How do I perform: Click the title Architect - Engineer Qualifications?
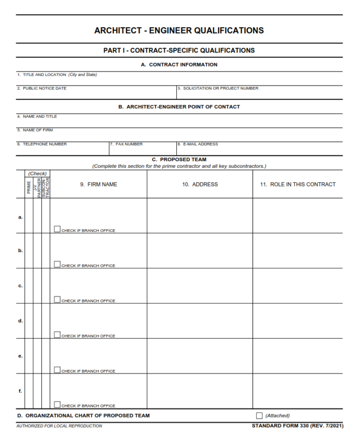pos(179,30)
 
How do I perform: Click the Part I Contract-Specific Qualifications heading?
pos(179,50)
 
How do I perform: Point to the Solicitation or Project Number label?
pos(218,88)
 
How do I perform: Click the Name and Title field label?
pos(37,116)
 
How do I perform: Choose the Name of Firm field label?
pos(36,130)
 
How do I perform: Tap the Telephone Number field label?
pos(42,144)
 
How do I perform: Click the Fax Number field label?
pos(127,144)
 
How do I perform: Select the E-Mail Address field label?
pos(198,144)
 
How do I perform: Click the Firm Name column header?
pos(98,184)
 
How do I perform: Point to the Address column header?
pos(200,184)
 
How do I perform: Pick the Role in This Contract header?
pos(298,184)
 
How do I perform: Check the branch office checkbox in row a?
pos(57,229)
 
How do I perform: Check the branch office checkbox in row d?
pos(57,335)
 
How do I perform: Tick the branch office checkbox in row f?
pos(57,404)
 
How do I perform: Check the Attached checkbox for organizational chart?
pos(259,416)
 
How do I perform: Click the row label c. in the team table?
pos(20,285)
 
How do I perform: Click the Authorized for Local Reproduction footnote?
pos(59,426)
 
